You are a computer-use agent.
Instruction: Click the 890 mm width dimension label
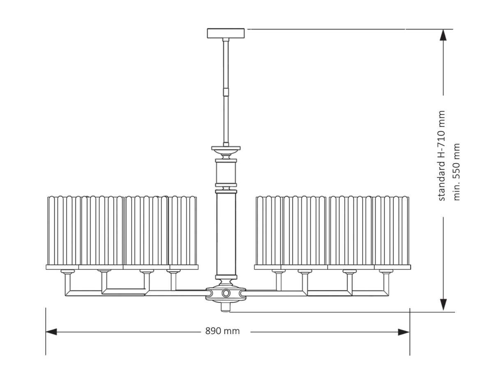[x=222, y=331]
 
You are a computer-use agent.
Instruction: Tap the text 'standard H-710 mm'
[x=442, y=156]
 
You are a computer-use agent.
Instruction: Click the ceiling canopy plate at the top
[x=226, y=33]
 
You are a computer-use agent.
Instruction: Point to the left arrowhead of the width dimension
[x=51, y=332]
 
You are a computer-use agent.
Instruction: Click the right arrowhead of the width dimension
[x=404, y=332]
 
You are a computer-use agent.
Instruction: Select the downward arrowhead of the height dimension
[x=443, y=305]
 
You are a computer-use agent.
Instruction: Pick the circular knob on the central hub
[x=226, y=293]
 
